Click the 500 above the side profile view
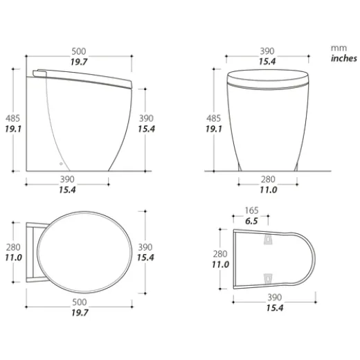(x=78, y=51)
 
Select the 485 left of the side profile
(x=11, y=118)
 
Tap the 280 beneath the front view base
(x=267, y=179)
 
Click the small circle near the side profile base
(x=62, y=165)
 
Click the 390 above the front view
(x=267, y=51)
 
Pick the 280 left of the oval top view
(x=11, y=247)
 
